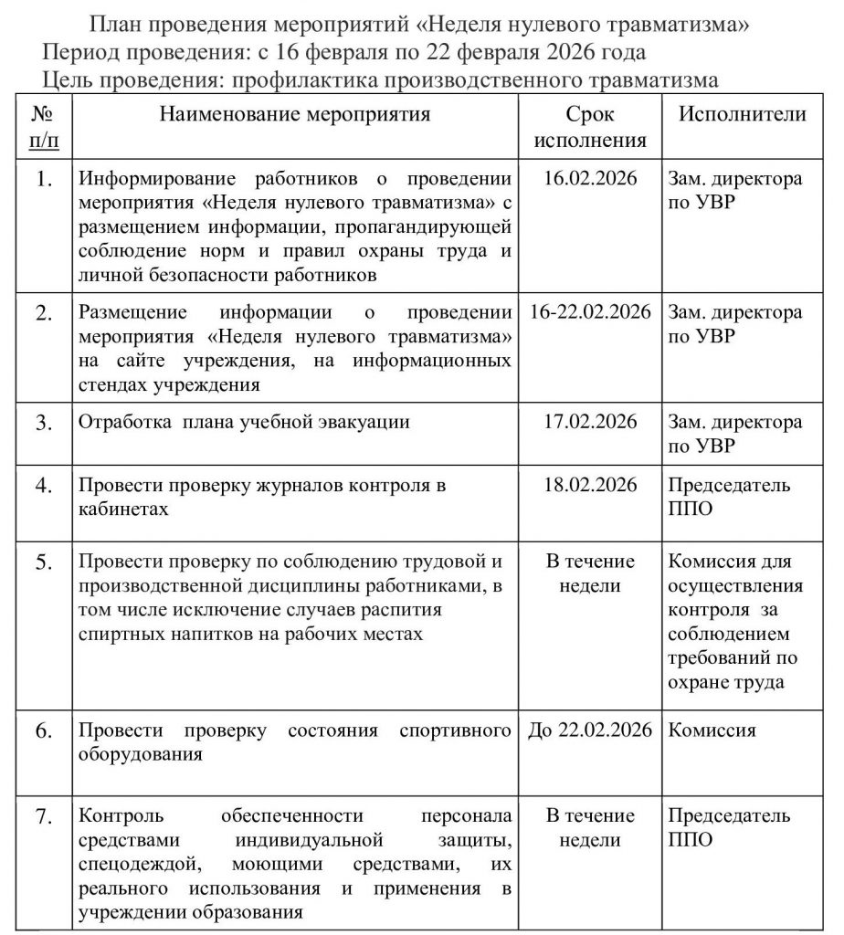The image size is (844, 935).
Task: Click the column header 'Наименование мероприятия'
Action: (x=294, y=115)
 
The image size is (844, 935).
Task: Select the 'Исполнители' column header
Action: (x=742, y=115)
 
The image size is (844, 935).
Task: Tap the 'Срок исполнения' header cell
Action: (x=590, y=127)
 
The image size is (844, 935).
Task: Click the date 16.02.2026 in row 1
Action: (x=590, y=178)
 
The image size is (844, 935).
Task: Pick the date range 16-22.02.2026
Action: (x=590, y=312)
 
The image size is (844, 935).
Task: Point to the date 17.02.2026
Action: (x=590, y=423)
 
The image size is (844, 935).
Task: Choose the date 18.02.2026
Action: (x=590, y=485)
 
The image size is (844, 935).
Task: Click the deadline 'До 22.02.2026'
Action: (x=590, y=730)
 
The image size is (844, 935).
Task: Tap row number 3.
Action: (x=44, y=424)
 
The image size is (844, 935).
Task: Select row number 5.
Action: (x=44, y=562)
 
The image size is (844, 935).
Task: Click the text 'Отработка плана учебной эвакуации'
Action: (x=244, y=423)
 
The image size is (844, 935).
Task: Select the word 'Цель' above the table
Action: (x=68, y=80)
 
